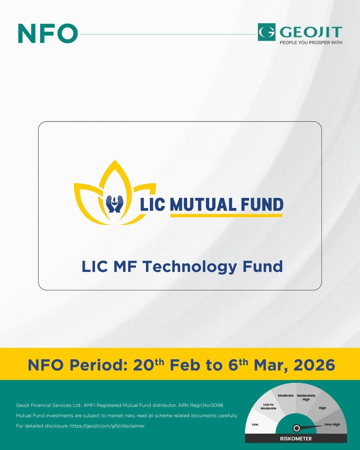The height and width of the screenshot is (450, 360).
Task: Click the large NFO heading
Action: point(47,33)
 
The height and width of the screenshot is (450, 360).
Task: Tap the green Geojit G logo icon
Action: point(266,32)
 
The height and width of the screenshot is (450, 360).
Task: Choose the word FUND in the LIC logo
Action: point(261,204)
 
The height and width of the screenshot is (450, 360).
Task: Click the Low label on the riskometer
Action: point(255,424)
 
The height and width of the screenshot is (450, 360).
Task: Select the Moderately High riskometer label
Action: point(306,397)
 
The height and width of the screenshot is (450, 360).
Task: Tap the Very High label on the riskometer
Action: point(332,424)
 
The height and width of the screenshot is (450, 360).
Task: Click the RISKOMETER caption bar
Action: point(296,438)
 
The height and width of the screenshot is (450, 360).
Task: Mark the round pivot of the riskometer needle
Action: point(296,428)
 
